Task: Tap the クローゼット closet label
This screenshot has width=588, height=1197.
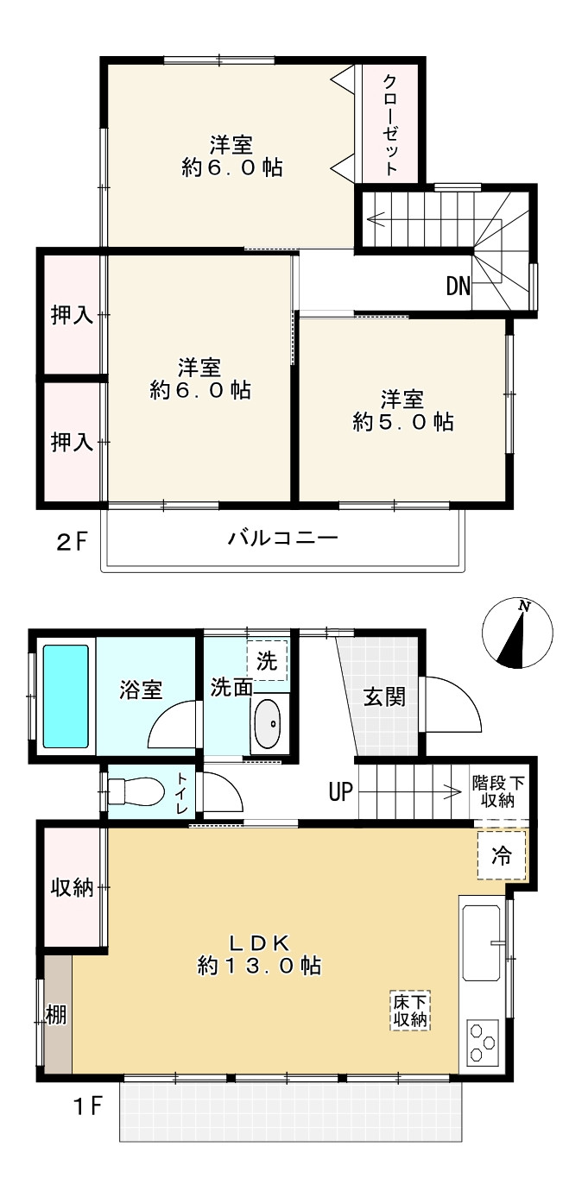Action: pyautogui.click(x=390, y=125)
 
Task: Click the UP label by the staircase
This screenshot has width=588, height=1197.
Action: pyautogui.click(x=340, y=791)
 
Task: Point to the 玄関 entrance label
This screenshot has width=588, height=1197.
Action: pyautogui.click(x=383, y=696)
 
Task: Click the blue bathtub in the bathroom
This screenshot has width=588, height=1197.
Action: pyautogui.click(x=66, y=696)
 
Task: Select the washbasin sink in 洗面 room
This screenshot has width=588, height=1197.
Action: pyautogui.click(x=268, y=725)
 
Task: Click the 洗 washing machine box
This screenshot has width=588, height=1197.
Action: pyautogui.click(x=267, y=662)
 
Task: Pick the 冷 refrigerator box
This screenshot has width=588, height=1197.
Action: pyautogui.click(x=501, y=855)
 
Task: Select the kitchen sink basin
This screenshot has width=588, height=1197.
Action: pyautogui.click(x=482, y=942)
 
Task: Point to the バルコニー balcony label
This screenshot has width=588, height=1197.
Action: pyautogui.click(x=282, y=539)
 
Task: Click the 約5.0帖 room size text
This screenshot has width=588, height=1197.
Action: pyautogui.click(x=403, y=422)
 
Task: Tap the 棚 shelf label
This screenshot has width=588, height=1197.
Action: pyautogui.click(x=55, y=1014)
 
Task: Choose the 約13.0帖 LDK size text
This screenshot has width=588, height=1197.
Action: pyautogui.click(x=259, y=965)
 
